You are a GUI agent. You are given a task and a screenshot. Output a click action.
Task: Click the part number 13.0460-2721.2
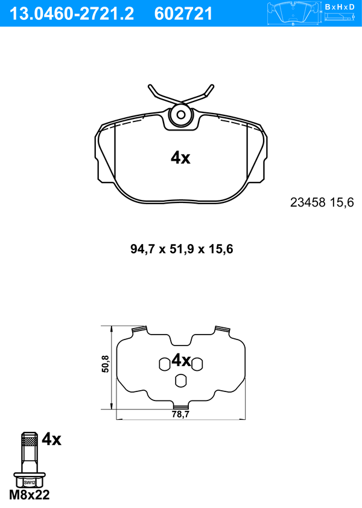click(x=72, y=14)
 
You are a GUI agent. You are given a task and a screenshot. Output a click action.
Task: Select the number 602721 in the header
click(x=183, y=14)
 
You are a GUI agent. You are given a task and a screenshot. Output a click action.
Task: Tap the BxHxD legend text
click(x=340, y=7)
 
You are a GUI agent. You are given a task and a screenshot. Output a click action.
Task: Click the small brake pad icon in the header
click(x=293, y=13)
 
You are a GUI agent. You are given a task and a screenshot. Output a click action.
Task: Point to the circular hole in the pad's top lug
click(x=181, y=115)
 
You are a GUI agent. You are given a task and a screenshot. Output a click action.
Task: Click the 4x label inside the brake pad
click(x=180, y=158)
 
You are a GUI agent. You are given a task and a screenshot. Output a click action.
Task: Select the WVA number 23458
click(x=308, y=202)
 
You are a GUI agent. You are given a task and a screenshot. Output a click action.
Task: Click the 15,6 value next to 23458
click(x=342, y=202)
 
